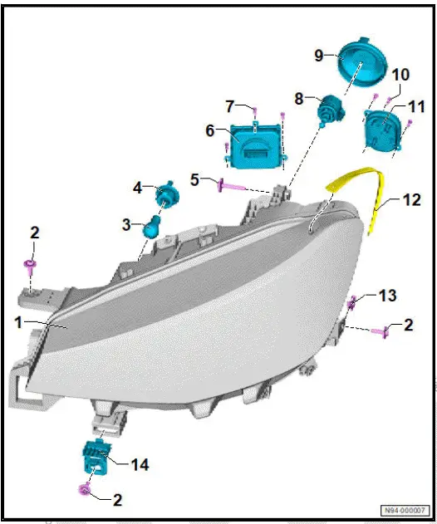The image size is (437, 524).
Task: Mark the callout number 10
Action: [x=400, y=75]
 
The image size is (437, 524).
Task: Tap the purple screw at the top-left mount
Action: [x=29, y=266]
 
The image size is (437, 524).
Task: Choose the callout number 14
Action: [x=140, y=465]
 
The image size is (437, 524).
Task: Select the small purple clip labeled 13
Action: [x=352, y=303]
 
